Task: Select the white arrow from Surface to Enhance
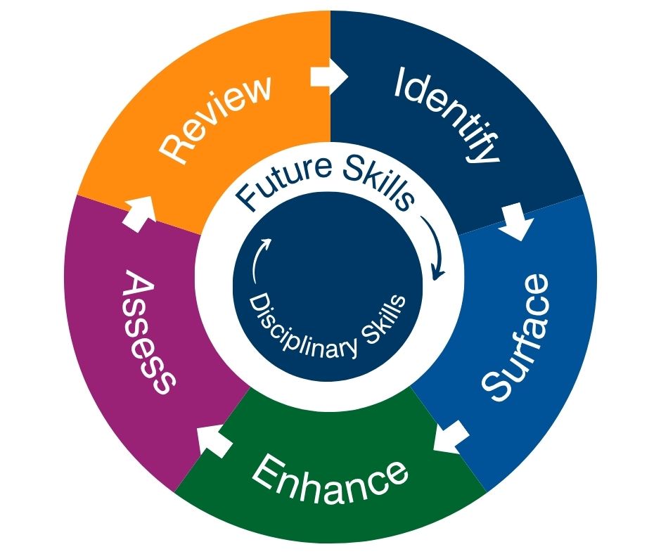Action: coord(451,437)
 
